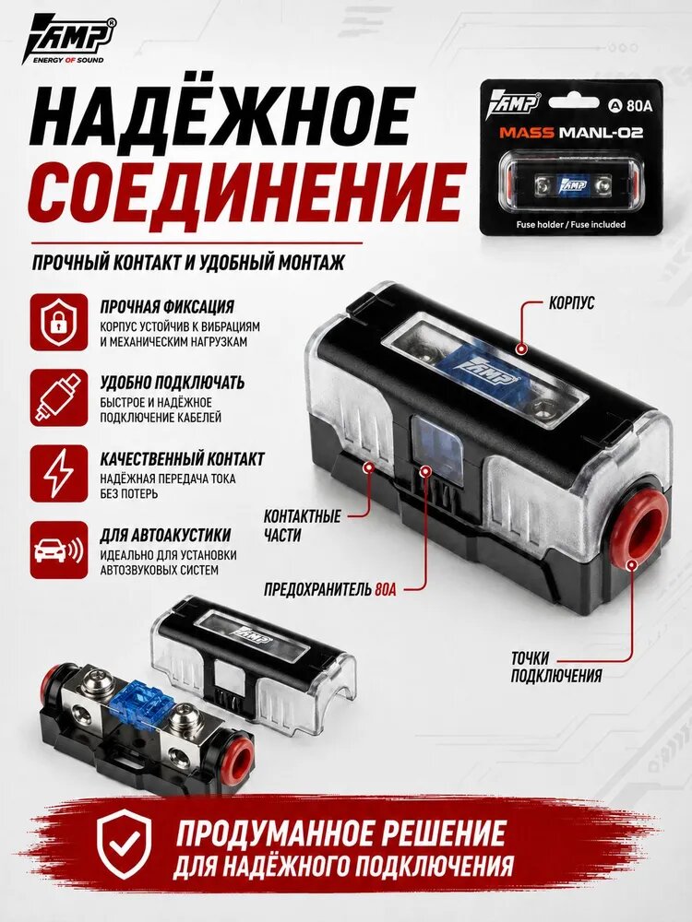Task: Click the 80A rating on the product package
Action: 633,106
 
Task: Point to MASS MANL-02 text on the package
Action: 571,132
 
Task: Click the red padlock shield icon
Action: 59,322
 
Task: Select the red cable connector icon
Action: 59,398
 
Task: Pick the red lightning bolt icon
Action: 59,474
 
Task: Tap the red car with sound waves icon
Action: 59,550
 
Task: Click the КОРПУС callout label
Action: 571,302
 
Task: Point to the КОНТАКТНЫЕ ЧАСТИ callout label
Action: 302,526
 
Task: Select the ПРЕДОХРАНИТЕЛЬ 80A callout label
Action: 330,588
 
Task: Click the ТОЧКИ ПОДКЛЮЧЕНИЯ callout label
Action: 556,667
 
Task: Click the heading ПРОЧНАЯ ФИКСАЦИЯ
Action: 167,307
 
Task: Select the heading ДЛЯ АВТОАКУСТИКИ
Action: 165,535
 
